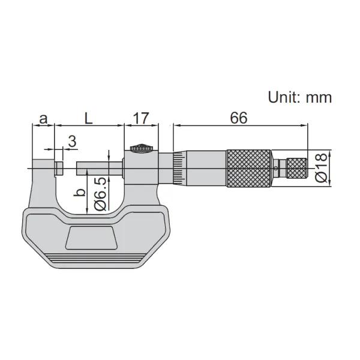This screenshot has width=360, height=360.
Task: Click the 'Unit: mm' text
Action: pyautogui.click(x=300, y=97)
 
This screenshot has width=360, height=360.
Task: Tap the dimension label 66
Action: pyautogui.click(x=239, y=118)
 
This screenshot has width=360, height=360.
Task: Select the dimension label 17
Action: pyautogui.click(x=141, y=118)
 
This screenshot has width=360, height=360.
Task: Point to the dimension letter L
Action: pyautogui.click(x=88, y=118)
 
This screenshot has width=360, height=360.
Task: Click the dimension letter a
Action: pyautogui.click(x=43, y=119)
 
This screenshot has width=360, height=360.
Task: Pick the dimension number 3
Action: pyautogui.click(x=72, y=141)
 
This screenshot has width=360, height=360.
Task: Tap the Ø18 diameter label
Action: pyautogui.click(x=321, y=167)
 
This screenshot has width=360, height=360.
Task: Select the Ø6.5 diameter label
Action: pyautogui.click(x=101, y=194)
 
